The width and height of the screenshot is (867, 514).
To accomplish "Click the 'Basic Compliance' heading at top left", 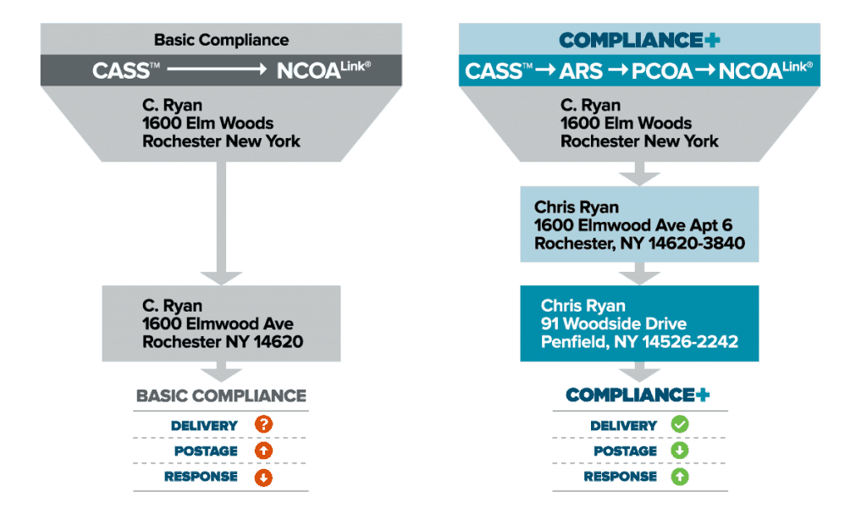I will (x=221, y=40).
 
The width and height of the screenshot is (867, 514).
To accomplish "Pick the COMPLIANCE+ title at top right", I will (x=639, y=40).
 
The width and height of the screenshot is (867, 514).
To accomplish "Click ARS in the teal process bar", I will (x=583, y=71).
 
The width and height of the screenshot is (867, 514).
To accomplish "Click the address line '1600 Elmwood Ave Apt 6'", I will (x=633, y=225).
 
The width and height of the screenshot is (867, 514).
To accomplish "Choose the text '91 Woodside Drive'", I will (x=614, y=324).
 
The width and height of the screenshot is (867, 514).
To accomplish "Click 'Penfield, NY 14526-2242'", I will (x=639, y=342).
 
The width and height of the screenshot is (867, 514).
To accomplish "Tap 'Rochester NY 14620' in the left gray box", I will (x=223, y=342).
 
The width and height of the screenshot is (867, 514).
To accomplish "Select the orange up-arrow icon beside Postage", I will (x=262, y=451).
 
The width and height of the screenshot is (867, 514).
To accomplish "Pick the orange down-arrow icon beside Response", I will (x=262, y=478).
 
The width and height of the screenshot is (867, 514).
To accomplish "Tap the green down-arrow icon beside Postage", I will (x=679, y=451).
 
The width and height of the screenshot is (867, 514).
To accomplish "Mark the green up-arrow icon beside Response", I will (x=679, y=478).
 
